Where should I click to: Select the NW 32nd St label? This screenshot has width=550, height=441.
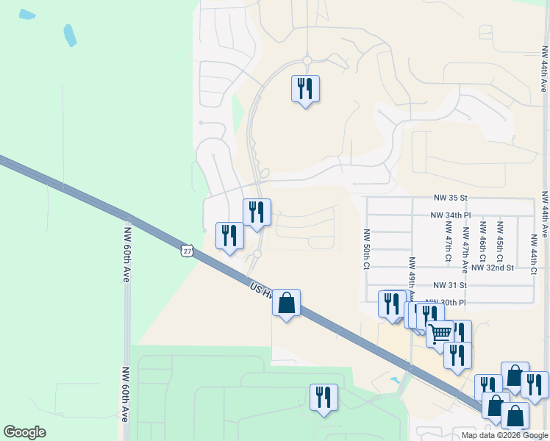(x=492, y=268)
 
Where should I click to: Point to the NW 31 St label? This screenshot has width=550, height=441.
(x=451, y=285)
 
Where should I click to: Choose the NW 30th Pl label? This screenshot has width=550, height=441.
(x=450, y=302)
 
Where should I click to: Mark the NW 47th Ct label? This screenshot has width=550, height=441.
(x=447, y=243)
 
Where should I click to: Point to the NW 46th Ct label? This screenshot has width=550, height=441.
(x=482, y=243)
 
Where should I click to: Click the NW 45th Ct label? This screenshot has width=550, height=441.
(x=500, y=243)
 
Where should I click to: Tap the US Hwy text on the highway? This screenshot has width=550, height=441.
(x=261, y=291)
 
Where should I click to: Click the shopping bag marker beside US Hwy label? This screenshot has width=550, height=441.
(x=286, y=302)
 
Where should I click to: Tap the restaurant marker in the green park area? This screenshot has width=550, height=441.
(x=324, y=398)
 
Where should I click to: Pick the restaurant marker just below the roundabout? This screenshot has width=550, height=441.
(x=305, y=89)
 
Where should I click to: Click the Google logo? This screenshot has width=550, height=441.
(x=24, y=432)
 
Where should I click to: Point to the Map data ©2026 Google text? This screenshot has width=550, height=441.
(x=504, y=435)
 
